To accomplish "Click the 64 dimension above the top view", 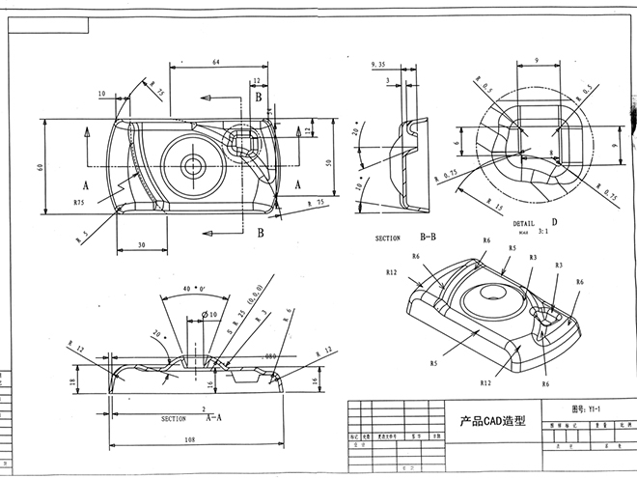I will click(x=216, y=63).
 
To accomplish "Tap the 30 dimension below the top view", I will click(x=141, y=245).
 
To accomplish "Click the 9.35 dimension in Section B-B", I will click(x=378, y=64).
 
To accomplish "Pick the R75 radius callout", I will click(x=80, y=204).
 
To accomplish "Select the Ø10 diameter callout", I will click(x=209, y=311).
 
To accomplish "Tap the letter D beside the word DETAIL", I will click(x=554, y=223).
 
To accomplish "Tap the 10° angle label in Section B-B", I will click(x=359, y=181).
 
